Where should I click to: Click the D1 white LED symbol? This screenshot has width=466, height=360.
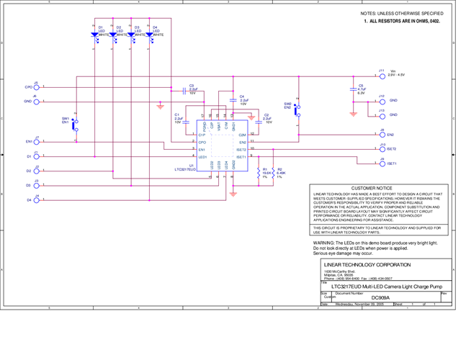(x=94, y=34)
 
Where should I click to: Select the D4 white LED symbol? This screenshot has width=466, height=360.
(x=149, y=34)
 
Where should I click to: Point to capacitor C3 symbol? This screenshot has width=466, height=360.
(x=185, y=89)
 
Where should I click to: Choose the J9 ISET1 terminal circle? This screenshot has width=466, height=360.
(x=382, y=163)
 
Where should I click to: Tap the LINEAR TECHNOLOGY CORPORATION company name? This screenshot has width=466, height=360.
(x=367, y=264)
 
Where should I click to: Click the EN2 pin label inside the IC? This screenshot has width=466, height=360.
(x=243, y=143)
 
